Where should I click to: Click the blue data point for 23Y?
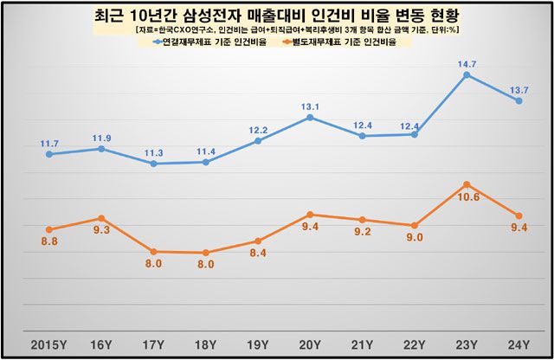467,75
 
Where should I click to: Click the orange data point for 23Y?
467,184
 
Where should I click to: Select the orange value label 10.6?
468,197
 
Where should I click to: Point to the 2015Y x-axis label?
48,344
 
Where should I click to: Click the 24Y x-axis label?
520,344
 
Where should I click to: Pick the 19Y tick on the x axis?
258,344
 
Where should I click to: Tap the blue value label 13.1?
311,106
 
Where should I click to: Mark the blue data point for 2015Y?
49,154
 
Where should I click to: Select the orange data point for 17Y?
153,251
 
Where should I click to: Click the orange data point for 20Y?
311,215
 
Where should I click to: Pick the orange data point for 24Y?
519,215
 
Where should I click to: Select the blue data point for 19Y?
258,140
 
